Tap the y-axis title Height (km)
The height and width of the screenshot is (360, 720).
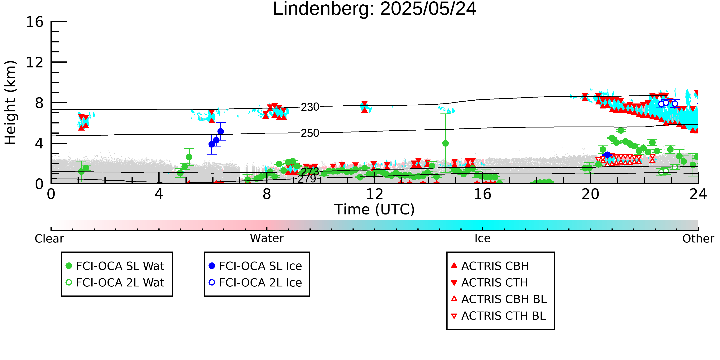click(11, 103)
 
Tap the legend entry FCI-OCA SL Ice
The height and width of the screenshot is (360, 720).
click(255, 266)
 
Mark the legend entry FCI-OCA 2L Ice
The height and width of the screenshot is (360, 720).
click(255, 283)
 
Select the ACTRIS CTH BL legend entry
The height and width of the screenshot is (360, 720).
click(498, 316)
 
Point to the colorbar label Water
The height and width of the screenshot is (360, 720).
click(267, 238)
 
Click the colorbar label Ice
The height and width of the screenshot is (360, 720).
click(482, 238)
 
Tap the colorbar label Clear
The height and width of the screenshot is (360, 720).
click(49, 239)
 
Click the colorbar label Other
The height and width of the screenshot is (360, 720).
click(698, 239)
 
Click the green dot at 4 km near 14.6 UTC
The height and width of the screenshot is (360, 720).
click(445, 143)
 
